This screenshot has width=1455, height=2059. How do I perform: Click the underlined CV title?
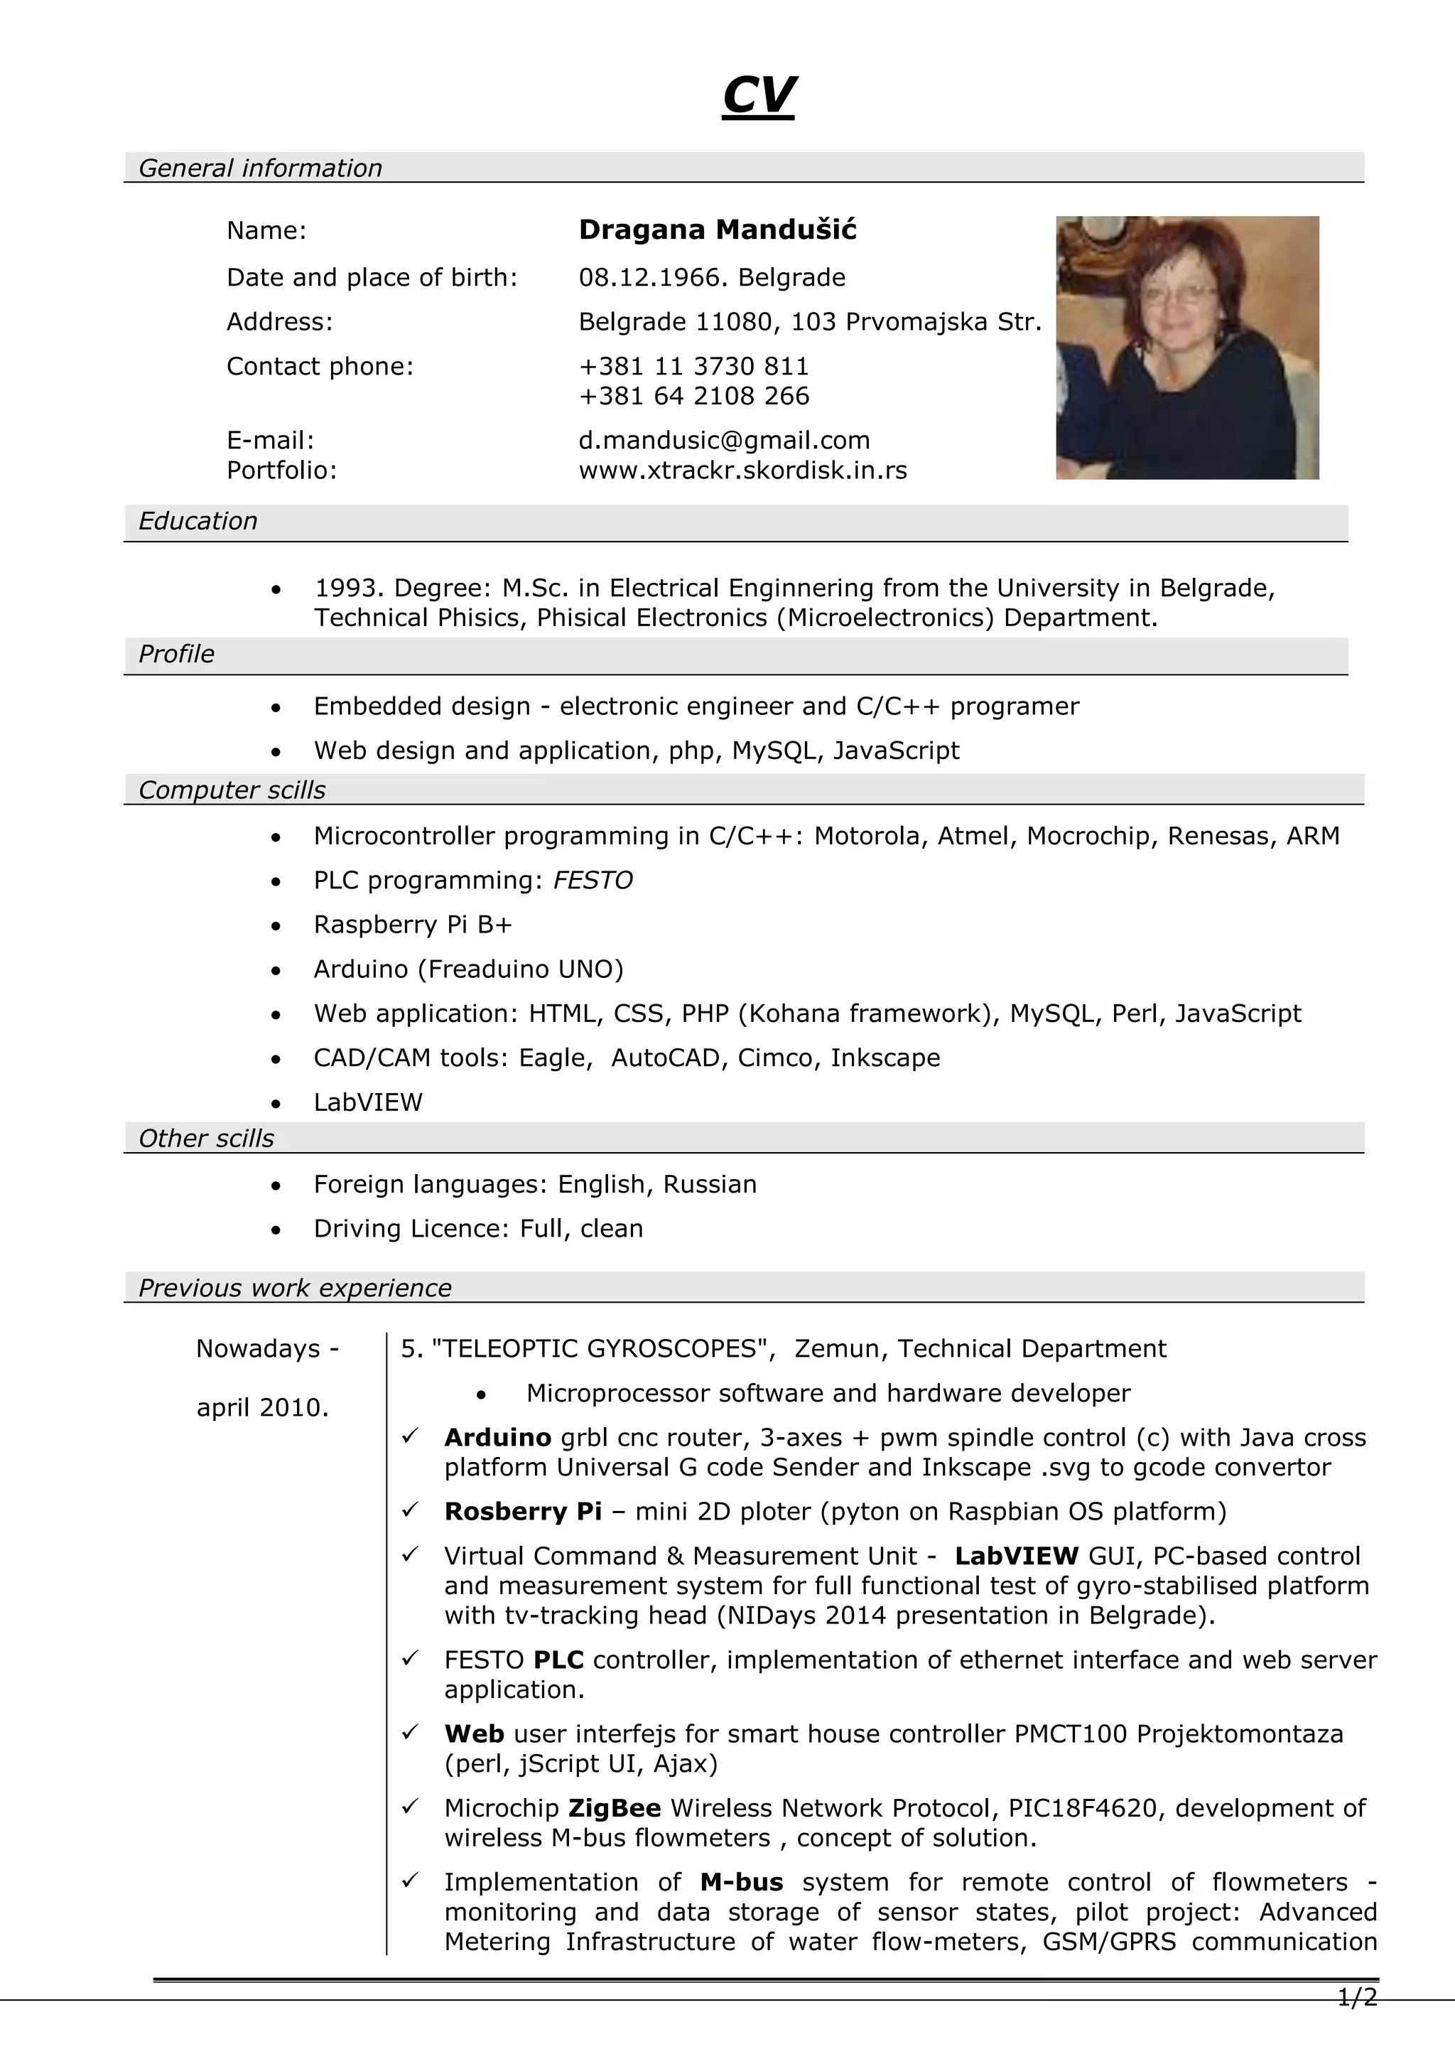click(759, 95)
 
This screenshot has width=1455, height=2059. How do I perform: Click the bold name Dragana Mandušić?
click(717, 230)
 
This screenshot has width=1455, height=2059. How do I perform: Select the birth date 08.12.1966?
click(654, 277)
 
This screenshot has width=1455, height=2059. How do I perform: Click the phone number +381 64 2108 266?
click(694, 395)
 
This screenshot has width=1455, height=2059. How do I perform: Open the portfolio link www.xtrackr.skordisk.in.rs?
click(742, 470)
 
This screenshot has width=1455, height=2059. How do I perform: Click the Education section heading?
click(198, 521)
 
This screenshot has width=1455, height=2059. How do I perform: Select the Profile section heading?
click(177, 654)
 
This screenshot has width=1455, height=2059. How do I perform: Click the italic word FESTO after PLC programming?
click(593, 880)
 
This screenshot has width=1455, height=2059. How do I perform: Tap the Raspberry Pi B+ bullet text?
click(412, 925)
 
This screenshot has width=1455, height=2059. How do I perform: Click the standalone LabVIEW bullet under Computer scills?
click(367, 1102)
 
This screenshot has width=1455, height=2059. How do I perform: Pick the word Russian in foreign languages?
click(709, 1184)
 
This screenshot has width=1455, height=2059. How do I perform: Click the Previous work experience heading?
click(295, 1288)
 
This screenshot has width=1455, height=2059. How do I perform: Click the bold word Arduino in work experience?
click(497, 1438)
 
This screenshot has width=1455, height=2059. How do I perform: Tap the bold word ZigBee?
click(615, 1808)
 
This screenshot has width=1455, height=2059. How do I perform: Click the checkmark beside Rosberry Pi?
click(411, 1510)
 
